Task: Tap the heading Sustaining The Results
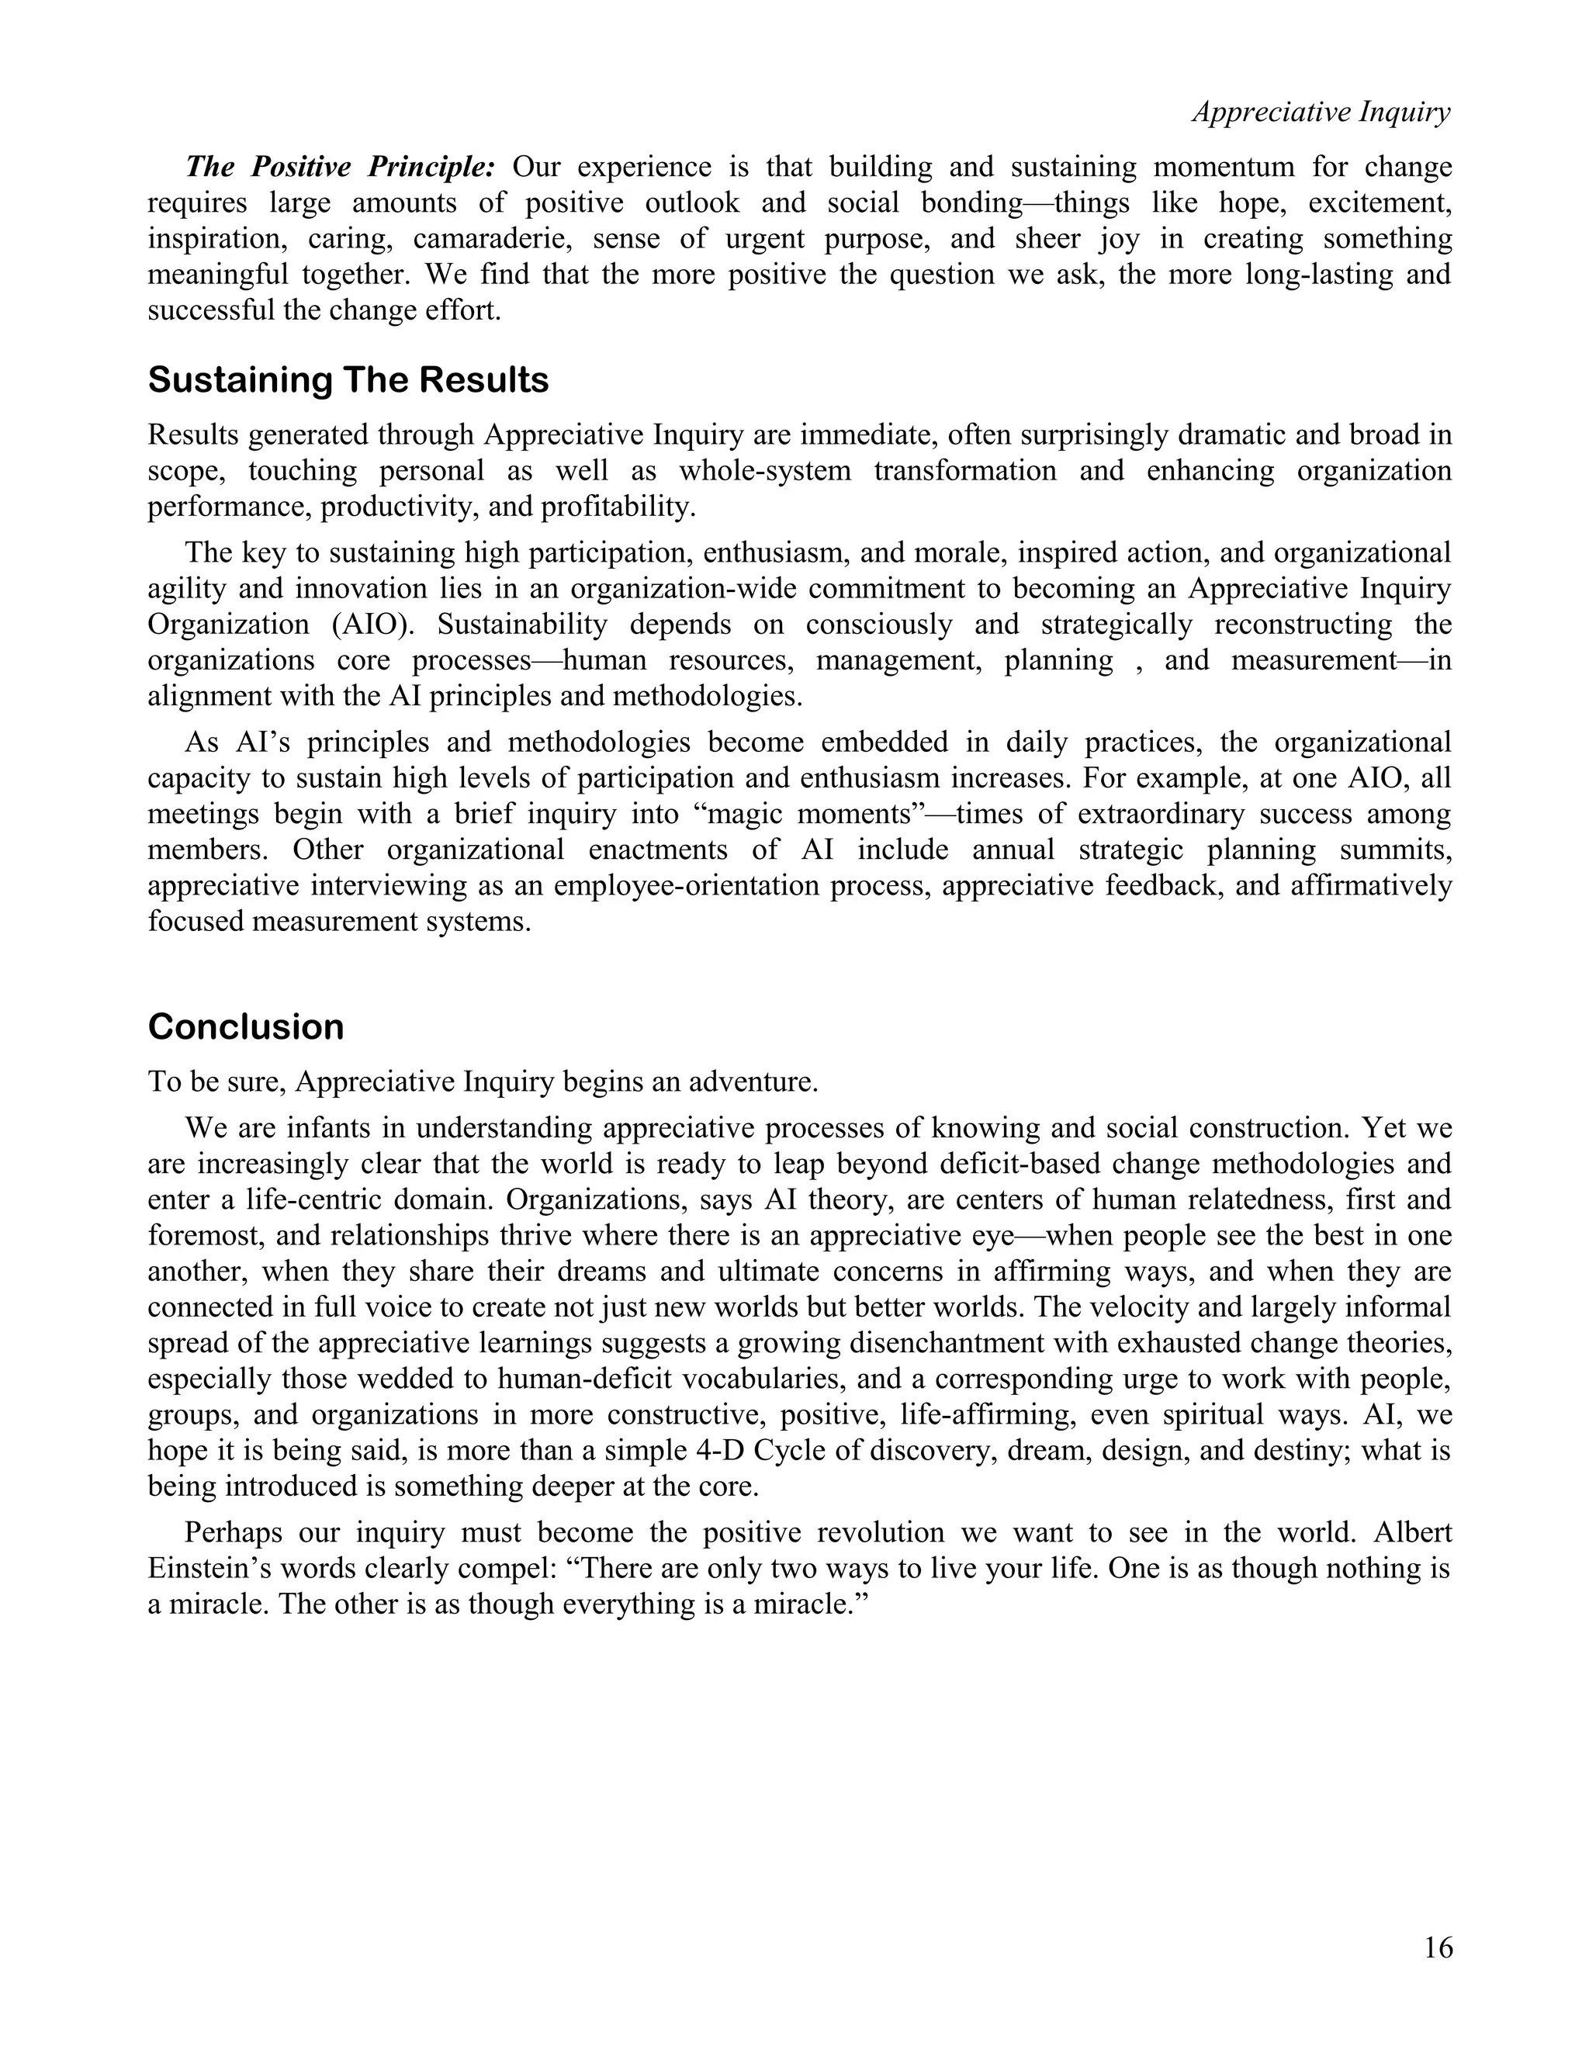(348, 380)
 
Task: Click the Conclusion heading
(246, 1026)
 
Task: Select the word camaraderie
(493, 238)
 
